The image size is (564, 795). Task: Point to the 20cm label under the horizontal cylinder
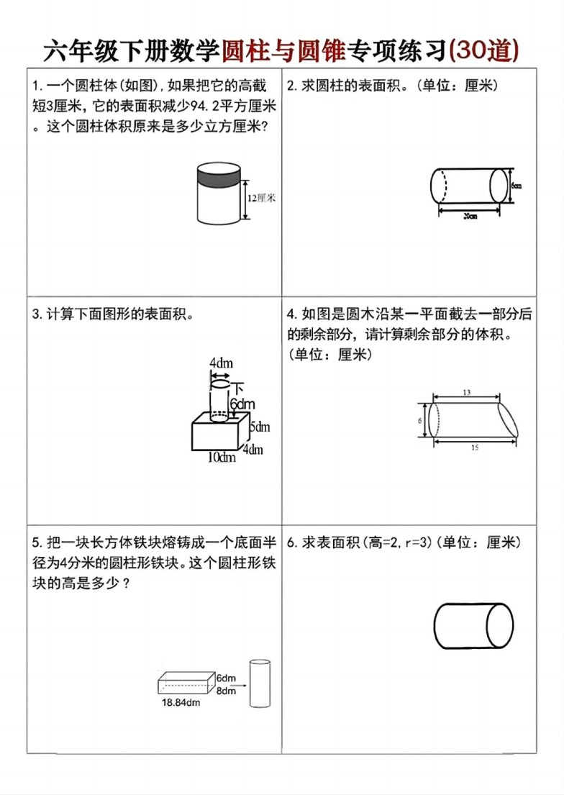(x=470, y=216)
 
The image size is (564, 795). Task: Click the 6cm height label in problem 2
(x=516, y=185)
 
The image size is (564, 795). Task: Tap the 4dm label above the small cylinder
(x=221, y=363)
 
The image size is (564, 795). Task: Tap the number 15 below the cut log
(x=474, y=448)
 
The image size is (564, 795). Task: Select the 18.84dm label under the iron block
(x=181, y=703)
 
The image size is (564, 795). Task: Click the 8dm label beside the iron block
(x=226, y=690)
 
